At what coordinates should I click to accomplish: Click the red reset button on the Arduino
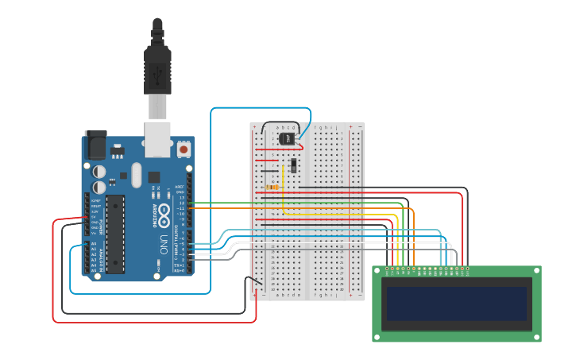(x=184, y=149)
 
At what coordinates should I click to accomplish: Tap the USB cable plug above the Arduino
(x=157, y=68)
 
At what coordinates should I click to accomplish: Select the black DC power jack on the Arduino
(x=95, y=145)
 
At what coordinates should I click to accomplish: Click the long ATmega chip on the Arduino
(x=115, y=234)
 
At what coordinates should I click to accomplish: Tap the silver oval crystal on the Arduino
(x=136, y=175)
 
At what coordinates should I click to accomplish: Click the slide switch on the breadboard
(x=294, y=165)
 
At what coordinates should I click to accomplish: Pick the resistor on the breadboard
(x=273, y=188)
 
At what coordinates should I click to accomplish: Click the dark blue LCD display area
(x=457, y=304)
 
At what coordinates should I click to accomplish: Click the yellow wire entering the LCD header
(x=398, y=262)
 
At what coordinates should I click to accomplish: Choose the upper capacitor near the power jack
(x=99, y=171)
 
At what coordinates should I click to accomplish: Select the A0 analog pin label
(x=94, y=244)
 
